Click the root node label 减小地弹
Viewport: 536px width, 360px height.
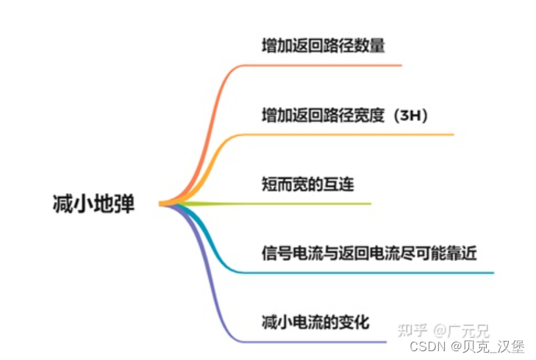94,204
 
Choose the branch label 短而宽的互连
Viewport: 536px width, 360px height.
307,184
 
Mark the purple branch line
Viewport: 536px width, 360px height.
309,342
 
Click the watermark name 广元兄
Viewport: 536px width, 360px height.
471,330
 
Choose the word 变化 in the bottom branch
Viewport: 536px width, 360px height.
354,321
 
